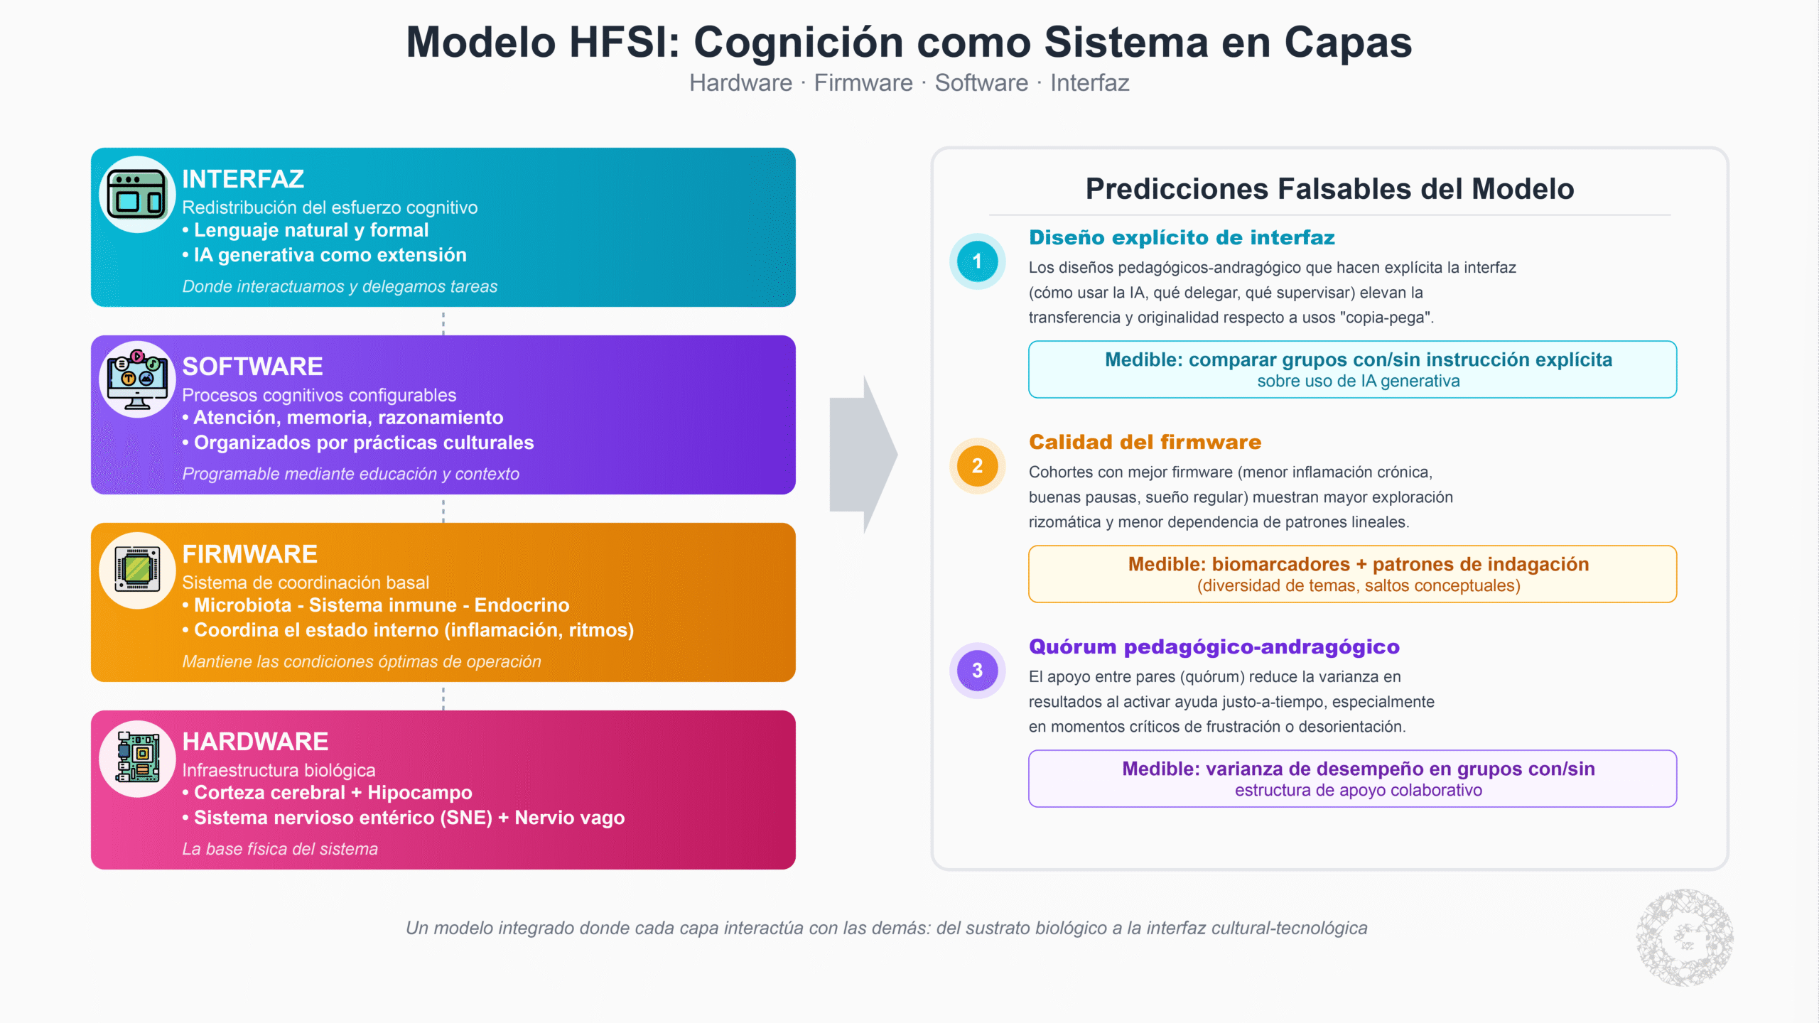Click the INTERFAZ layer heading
point(243,179)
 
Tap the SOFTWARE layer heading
point(252,367)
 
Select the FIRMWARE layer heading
point(249,554)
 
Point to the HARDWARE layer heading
point(255,742)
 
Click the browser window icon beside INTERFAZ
point(137,195)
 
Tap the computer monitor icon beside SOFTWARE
point(137,380)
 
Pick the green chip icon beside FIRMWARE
point(137,570)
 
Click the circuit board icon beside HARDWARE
point(137,757)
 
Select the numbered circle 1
point(977,261)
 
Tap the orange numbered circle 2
point(977,466)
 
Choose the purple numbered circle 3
point(977,671)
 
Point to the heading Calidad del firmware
point(1145,443)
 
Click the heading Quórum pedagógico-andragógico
point(1214,647)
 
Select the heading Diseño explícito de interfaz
point(1182,238)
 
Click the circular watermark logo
point(1684,938)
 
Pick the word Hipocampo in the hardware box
point(419,793)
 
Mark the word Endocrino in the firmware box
point(522,605)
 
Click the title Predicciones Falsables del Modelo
point(1329,189)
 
